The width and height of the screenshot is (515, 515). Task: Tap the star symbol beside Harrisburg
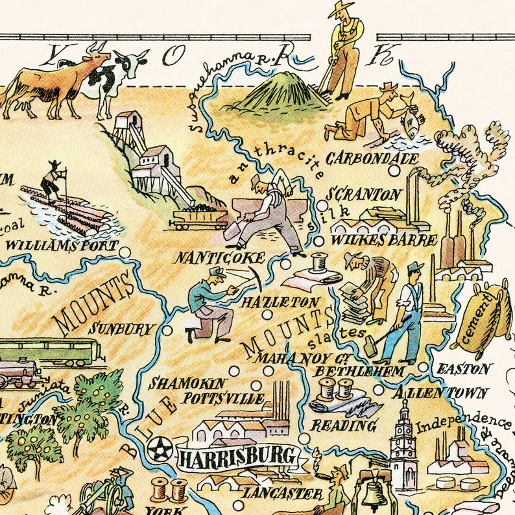pyautogui.click(x=158, y=448)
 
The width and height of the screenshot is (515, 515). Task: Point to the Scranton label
pyautogui.click(x=364, y=195)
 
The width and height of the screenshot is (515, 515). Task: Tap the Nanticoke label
pyautogui.click(x=220, y=257)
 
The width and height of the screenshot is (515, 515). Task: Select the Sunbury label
pyautogui.click(x=123, y=328)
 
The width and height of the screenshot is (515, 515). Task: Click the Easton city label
pyautogui.click(x=464, y=368)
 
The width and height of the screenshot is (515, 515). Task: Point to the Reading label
pyautogui.click(x=344, y=425)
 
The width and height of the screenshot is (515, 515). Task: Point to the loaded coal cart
pyautogui.click(x=198, y=217)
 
